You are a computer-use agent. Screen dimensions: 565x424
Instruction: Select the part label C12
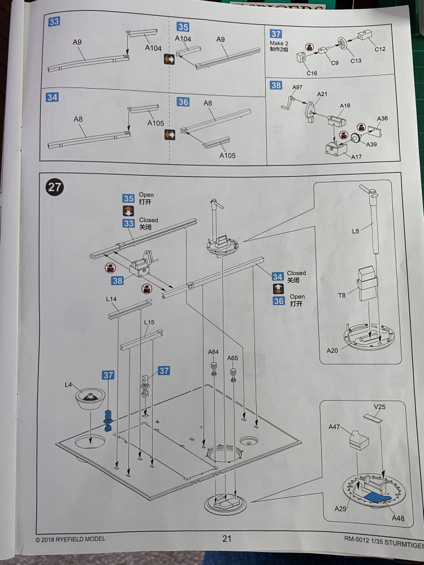point(380,50)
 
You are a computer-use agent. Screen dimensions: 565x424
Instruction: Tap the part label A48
point(397,518)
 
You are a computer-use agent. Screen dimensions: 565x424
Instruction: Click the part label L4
point(68,385)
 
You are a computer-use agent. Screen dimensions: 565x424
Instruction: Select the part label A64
point(213,352)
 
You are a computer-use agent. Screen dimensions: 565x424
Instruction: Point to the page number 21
point(227,538)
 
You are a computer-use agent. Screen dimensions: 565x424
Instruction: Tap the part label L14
point(111,298)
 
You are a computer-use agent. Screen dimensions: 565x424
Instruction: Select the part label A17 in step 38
point(356,157)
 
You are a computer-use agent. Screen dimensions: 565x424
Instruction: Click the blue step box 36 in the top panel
point(183,102)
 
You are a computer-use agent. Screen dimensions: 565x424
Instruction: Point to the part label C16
point(312,73)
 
